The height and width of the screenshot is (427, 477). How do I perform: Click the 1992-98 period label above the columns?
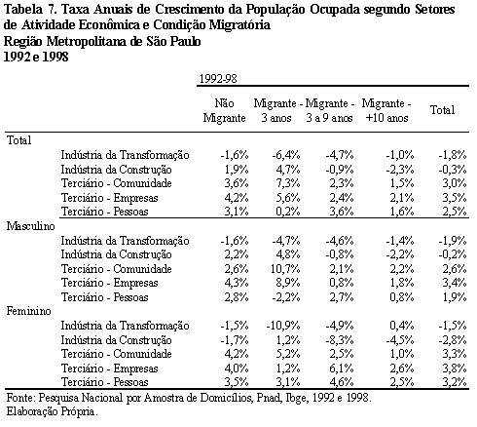click(218, 79)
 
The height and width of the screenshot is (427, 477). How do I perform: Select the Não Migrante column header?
click(224, 110)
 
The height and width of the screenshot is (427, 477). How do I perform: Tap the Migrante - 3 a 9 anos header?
click(330, 110)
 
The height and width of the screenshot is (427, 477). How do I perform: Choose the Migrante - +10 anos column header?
click(386, 110)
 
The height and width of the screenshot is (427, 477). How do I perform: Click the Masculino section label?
click(31, 226)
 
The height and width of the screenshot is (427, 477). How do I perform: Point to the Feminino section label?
click(29, 311)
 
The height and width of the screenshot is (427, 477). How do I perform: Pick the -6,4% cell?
click(286, 155)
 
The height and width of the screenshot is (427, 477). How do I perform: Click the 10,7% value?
click(285, 269)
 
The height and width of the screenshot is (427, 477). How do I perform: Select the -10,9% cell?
click(283, 326)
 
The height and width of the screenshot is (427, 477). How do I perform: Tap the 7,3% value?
click(288, 183)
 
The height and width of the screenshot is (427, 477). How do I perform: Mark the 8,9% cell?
click(288, 283)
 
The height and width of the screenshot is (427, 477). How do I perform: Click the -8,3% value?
click(340, 340)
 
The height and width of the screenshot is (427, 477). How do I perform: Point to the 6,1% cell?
click(342, 369)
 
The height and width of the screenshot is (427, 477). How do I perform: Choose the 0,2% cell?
click(288, 212)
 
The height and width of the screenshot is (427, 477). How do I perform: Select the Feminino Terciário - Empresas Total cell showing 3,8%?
click(455, 369)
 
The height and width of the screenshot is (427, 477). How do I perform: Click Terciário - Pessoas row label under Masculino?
click(105, 297)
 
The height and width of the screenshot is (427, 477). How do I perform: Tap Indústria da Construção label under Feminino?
click(117, 340)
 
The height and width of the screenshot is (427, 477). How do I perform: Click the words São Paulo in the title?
click(173, 41)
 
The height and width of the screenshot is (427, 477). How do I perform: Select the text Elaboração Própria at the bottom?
click(52, 412)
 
